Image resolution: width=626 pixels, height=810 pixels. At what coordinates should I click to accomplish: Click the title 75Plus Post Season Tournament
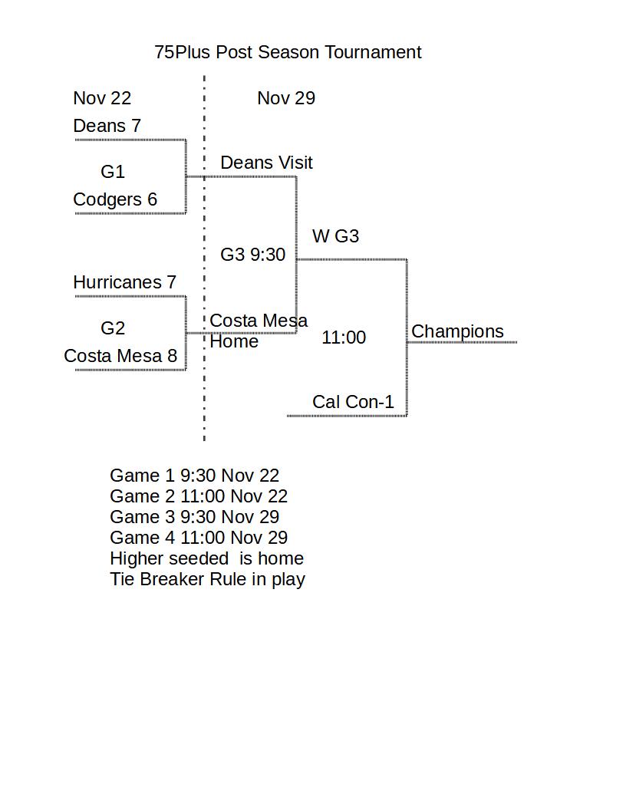(288, 52)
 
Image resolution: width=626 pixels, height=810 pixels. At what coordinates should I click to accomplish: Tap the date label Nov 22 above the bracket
(102, 98)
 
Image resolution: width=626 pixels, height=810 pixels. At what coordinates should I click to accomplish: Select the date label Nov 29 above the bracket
(286, 98)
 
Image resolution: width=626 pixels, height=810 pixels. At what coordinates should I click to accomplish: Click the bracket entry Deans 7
(107, 126)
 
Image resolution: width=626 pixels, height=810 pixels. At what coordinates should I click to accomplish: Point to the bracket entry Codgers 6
(115, 199)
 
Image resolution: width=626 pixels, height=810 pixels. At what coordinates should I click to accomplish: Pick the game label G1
(113, 172)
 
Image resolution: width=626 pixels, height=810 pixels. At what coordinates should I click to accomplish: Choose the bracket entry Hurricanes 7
(124, 282)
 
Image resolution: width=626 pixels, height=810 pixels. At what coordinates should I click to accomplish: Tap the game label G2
(113, 328)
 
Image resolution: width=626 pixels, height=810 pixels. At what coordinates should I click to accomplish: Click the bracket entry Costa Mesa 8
(120, 356)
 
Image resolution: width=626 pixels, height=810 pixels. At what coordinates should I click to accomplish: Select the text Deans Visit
(266, 163)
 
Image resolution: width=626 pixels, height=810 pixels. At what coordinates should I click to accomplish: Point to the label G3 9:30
(252, 255)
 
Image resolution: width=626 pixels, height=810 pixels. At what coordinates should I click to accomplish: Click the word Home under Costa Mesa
(234, 341)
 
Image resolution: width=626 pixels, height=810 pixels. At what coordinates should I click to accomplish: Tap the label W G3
(335, 236)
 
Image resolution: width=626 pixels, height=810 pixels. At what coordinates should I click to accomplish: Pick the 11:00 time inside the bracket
(344, 337)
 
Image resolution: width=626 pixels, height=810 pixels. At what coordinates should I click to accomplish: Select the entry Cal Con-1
(353, 402)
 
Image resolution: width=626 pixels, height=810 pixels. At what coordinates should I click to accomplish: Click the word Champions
(457, 331)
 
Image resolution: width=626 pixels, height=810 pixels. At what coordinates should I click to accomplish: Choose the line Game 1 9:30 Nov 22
(194, 476)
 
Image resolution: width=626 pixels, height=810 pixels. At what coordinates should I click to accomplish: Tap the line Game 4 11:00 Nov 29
(199, 538)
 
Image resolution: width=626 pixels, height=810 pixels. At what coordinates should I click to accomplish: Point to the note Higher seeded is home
(206, 558)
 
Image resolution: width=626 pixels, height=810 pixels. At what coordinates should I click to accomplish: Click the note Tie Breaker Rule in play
(207, 579)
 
